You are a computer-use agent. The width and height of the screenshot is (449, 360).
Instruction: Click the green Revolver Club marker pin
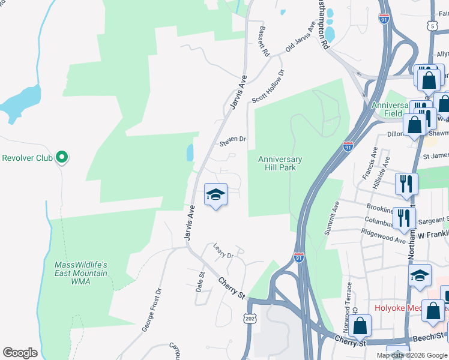(x=61, y=158)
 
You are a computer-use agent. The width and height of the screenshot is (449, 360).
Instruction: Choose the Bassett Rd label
(x=264, y=41)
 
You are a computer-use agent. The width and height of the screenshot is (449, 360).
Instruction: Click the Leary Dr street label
(x=223, y=251)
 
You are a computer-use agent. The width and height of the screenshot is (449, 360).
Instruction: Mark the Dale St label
(x=200, y=282)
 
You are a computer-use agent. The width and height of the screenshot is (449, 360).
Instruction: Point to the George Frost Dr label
(x=152, y=310)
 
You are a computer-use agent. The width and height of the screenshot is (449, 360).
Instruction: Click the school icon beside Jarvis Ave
(x=215, y=195)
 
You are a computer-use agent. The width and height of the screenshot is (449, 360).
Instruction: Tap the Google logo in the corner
(x=20, y=353)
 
